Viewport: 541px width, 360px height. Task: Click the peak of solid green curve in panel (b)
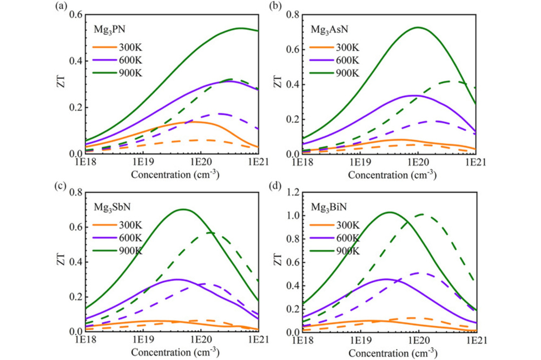(418, 27)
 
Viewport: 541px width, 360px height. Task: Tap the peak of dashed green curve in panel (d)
(420, 215)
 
